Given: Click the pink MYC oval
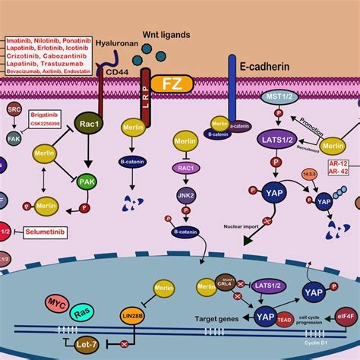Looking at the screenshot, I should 57,302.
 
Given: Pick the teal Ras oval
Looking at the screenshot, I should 82,313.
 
